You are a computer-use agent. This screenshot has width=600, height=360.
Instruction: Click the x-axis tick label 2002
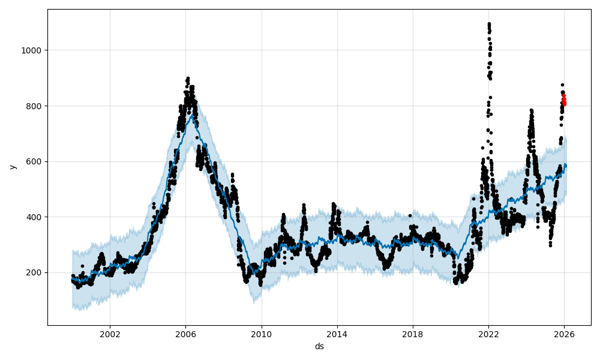109,334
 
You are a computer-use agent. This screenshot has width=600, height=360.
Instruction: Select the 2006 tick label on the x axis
185,334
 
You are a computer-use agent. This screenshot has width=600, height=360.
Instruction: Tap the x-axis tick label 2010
261,334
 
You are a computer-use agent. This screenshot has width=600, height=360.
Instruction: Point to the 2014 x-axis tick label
337,334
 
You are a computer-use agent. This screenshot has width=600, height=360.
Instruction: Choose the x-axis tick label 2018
412,334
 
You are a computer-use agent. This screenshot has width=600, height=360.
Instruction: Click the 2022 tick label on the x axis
488,334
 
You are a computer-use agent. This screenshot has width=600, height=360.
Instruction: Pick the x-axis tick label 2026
564,334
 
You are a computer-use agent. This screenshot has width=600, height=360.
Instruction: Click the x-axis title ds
319,346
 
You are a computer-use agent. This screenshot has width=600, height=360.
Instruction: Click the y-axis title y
11,167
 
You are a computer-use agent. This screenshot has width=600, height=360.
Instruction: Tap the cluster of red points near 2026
564,100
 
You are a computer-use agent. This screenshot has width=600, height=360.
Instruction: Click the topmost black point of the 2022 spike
489,24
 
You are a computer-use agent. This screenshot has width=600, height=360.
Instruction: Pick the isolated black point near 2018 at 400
410,215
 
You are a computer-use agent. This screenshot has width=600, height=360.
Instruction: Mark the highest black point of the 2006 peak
188,78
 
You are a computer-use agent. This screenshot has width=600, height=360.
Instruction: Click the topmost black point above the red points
562,85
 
